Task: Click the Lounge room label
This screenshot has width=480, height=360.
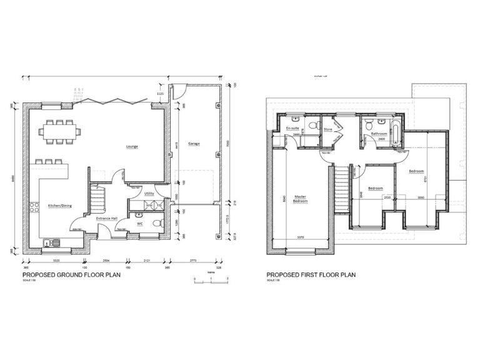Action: tap(131, 147)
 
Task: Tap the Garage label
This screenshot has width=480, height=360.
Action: tap(194, 144)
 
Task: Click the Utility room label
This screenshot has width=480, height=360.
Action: tap(149, 194)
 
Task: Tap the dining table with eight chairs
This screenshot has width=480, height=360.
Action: tap(61, 131)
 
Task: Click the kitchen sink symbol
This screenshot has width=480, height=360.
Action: tap(54, 242)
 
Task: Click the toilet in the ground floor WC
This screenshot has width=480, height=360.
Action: tap(160, 222)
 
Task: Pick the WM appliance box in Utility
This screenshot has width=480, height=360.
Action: tap(149, 205)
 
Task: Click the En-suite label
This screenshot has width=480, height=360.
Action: tap(291, 128)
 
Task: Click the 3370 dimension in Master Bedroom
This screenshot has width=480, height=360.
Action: tap(301, 237)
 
